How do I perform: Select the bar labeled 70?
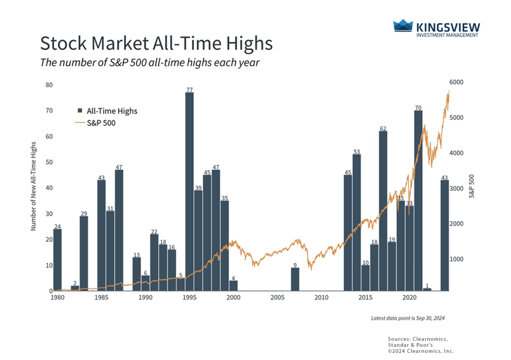418,200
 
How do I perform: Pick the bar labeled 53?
356,222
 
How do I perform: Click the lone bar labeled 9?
295,279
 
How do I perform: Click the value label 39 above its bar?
198,187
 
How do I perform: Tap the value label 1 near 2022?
427,285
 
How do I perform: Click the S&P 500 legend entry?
101,123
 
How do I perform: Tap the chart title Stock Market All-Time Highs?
156,43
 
